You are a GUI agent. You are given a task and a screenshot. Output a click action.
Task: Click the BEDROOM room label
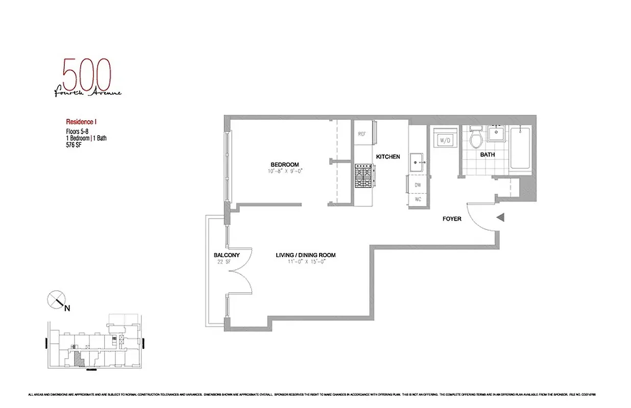point(284,164)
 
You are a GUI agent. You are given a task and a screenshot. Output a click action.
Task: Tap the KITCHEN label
point(388,157)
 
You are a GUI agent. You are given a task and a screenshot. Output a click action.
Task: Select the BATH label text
point(487,155)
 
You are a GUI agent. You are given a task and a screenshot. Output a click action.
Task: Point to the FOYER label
point(451,219)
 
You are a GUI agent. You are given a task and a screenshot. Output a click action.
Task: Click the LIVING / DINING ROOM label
point(305,256)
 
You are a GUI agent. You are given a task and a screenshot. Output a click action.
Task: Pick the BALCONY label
point(227,256)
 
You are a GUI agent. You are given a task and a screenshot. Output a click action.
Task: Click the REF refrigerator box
point(362,134)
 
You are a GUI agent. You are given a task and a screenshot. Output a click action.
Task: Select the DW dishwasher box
point(417,185)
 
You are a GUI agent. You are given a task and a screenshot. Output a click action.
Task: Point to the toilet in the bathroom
point(476,139)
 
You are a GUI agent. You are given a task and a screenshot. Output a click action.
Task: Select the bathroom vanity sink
point(495,134)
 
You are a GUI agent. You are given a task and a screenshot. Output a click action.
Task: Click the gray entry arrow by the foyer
point(501,218)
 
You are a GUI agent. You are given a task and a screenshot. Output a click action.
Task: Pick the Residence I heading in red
point(81,122)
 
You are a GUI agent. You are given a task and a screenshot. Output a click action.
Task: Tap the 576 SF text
point(74,145)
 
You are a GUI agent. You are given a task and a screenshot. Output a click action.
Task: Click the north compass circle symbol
point(56,299)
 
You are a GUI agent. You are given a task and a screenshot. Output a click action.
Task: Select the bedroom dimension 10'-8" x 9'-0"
point(284,171)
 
